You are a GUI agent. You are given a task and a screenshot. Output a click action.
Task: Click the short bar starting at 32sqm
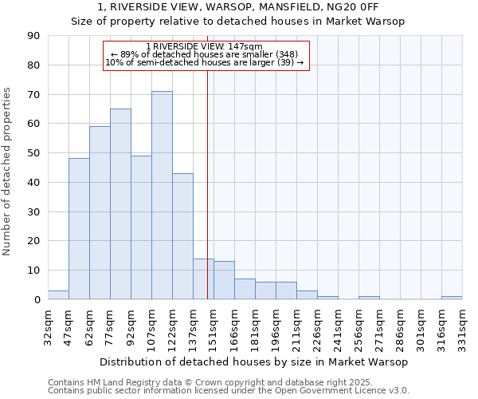pyautogui.click(x=58, y=295)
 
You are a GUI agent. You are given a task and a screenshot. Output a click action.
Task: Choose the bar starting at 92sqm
pyautogui.click(x=141, y=227)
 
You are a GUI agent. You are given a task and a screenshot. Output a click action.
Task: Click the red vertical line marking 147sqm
pyautogui.click(x=207, y=199)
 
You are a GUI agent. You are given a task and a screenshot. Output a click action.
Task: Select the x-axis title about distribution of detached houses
pyautogui.click(x=255, y=361)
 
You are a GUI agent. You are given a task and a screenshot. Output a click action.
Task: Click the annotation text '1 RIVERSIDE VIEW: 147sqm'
pyautogui.click(x=205, y=46)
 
